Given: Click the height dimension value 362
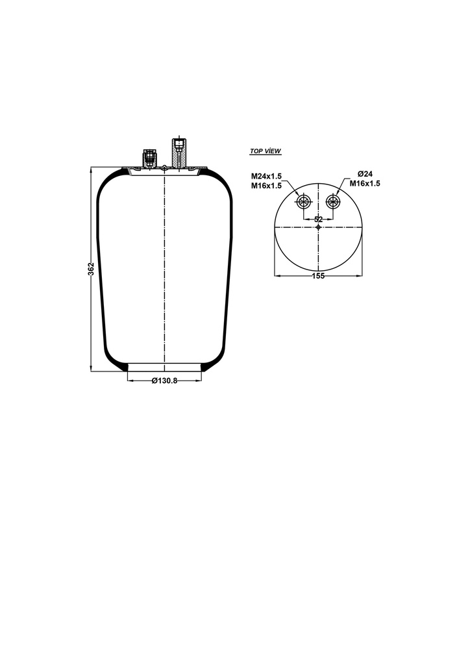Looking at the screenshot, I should click(91, 269).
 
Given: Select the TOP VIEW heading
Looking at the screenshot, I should click(266, 151).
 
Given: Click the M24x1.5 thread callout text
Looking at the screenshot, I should click(266, 176).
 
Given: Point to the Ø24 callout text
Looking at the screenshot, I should click(365, 174).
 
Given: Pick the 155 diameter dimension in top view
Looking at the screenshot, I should click(318, 276).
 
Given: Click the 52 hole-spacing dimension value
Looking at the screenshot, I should click(318, 220).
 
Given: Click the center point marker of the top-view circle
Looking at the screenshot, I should click(318, 227).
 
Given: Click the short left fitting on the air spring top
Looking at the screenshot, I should click(149, 158).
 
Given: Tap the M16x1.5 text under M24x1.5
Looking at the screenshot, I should click(266, 186).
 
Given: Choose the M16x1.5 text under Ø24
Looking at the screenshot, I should click(365, 184).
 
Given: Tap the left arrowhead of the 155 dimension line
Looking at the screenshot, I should click(277, 276).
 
